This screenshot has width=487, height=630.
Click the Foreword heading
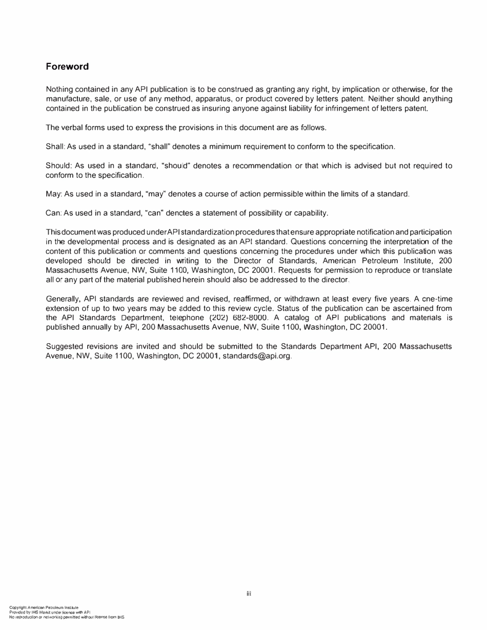click(67, 67)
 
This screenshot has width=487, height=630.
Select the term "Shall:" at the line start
click(54, 147)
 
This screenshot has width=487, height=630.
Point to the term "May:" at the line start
click(54, 195)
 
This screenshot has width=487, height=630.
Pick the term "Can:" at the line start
click(54, 213)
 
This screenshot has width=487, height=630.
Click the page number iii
click(249, 594)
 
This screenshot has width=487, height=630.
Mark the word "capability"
click(310, 213)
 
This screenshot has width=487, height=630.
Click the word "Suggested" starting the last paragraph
click(65, 347)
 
